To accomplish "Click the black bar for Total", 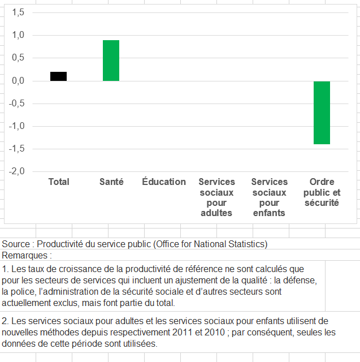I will point(58,76).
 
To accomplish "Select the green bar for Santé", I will point(111,61).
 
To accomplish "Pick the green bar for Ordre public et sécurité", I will point(322,113).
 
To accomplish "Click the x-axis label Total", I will point(59,182).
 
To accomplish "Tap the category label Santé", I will point(111,182).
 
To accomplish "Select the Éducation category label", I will point(164,182).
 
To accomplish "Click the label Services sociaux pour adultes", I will point(216,197).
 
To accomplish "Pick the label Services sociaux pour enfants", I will point(270,197).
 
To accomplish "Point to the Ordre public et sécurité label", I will point(322,192).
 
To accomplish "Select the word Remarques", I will point(24,255).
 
